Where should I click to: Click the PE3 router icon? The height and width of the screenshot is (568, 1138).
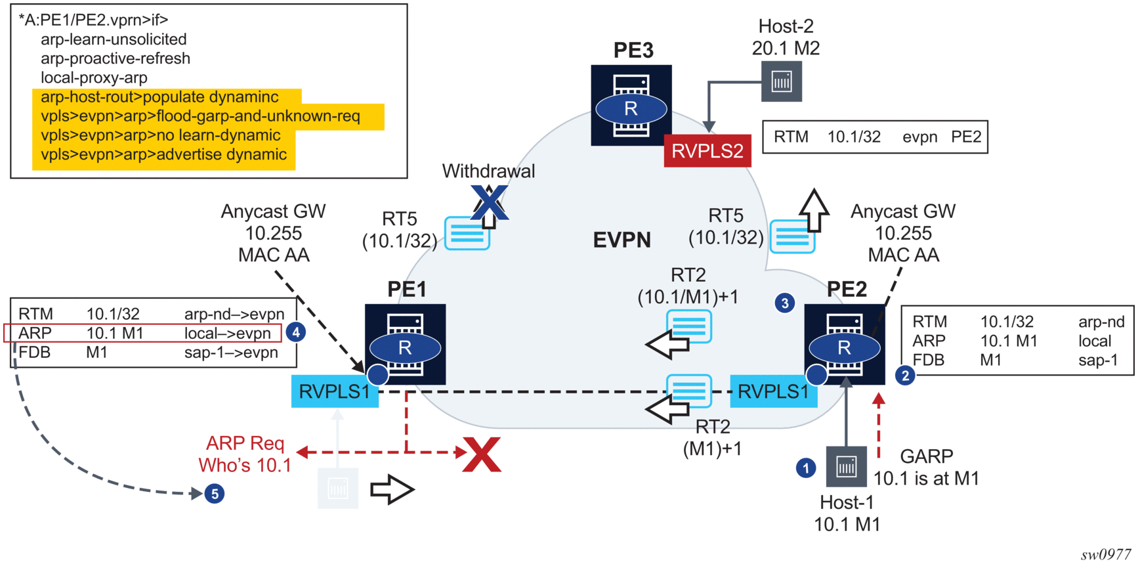(631, 105)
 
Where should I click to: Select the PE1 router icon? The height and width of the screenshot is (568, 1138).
(405, 344)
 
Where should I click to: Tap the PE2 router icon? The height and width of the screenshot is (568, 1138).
(844, 344)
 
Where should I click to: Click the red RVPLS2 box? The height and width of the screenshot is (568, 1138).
(707, 151)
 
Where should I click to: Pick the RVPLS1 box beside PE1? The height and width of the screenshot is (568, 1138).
(335, 391)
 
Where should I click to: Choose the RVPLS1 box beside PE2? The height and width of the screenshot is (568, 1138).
(773, 391)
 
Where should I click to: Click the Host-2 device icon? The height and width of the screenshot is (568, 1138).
(781, 81)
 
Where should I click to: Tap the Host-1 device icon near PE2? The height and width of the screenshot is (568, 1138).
(846, 466)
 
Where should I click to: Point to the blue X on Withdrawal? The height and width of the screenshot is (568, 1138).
(490, 202)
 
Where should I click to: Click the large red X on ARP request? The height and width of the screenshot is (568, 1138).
(482, 454)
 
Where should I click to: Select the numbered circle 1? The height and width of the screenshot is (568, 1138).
(806, 468)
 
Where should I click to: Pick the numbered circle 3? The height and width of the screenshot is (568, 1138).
(785, 303)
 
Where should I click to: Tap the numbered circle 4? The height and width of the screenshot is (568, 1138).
(296, 332)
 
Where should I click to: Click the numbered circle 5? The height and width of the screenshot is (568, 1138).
(215, 493)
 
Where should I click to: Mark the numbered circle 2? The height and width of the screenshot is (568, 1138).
(905, 376)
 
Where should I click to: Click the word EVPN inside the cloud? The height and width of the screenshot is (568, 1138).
(622, 240)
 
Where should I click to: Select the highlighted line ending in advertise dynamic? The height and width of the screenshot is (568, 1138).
(163, 155)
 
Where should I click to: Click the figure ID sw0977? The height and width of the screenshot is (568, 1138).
(1106, 555)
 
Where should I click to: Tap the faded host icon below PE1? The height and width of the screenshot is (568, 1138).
(337, 488)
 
